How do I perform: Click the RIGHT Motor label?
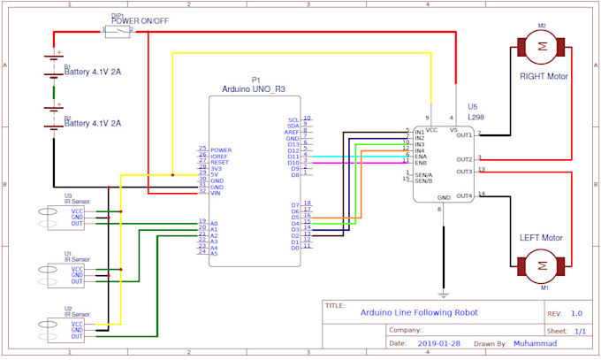click(x=544, y=76)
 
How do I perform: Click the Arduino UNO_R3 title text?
click(x=256, y=88)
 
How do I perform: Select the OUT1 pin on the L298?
click(x=464, y=134)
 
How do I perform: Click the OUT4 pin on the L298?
click(x=464, y=195)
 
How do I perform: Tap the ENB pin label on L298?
click(x=421, y=163)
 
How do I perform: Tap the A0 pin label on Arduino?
click(x=214, y=223)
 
